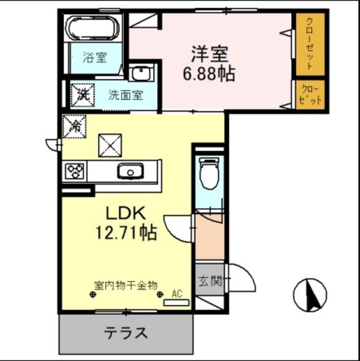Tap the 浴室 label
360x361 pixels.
click(94, 57)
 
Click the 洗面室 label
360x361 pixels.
click(126, 95)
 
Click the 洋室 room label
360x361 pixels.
click(209, 54)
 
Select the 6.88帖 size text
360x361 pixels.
click(209, 73)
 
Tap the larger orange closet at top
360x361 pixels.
click(310, 43)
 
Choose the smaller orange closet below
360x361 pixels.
click(310, 94)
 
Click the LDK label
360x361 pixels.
click(127, 213)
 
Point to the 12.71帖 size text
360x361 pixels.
click(127, 232)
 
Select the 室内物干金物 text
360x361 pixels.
click(125, 285)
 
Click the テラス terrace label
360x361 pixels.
click(126, 333)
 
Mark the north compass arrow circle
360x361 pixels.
click(310, 295)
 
